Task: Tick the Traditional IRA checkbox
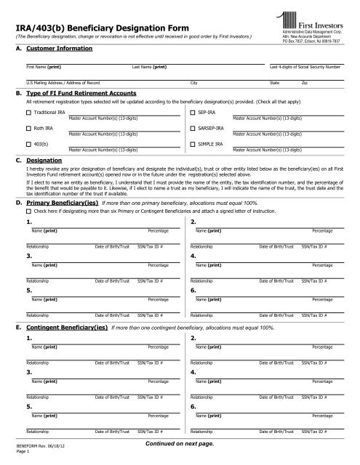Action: (x=28, y=113)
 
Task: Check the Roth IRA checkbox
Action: (x=28, y=129)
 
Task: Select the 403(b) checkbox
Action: (x=28, y=144)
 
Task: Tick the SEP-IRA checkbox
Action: (x=192, y=113)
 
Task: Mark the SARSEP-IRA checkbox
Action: (x=192, y=129)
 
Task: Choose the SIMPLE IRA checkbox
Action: (x=192, y=144)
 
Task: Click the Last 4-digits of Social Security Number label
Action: (x=305, y=67)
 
